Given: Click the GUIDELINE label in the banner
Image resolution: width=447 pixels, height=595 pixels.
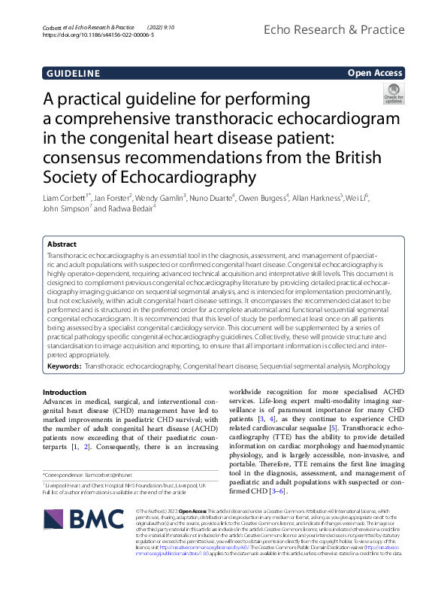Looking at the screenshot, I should click(x=73, y=74).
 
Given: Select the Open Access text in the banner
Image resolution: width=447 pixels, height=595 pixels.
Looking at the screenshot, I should click(x=376, y=74).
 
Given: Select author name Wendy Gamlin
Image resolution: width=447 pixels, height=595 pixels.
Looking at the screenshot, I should click(x=159, y=198).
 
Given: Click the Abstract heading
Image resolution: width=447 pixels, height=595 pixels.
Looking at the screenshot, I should click(x=62, y=244).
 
